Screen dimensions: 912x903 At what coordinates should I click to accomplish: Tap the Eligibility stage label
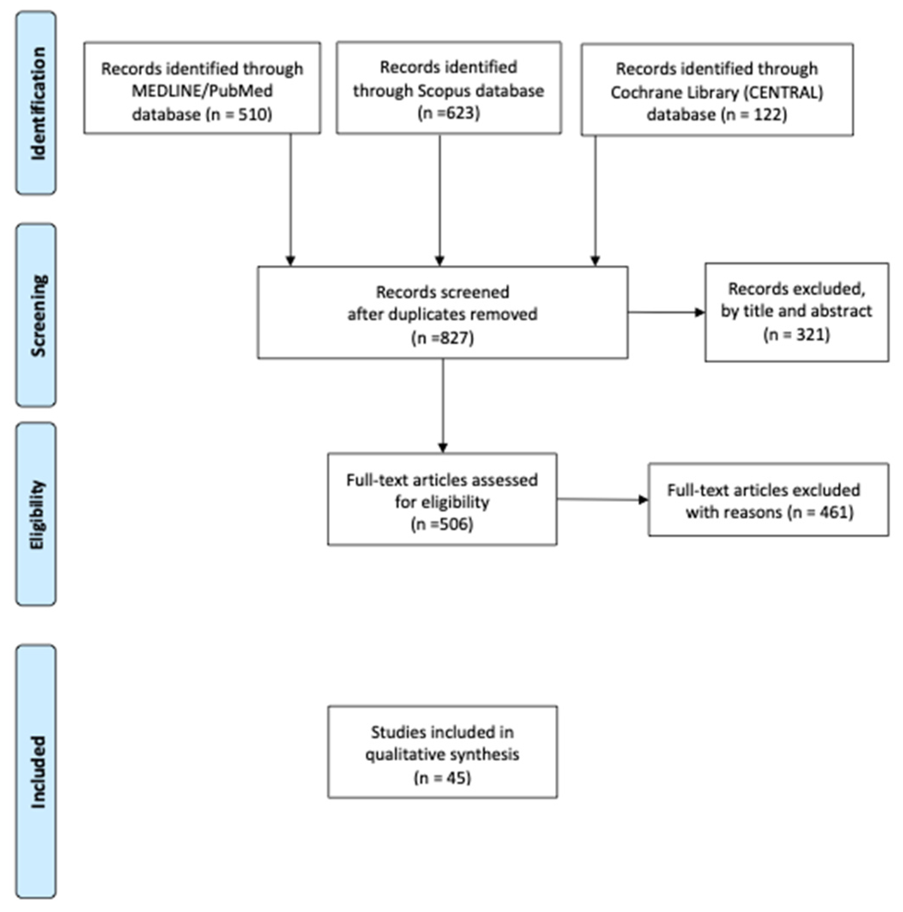point(36,515)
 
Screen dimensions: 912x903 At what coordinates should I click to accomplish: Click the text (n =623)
point(448,113)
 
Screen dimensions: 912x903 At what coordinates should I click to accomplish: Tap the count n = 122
point(754,115)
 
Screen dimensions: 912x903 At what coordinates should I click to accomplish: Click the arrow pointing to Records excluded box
point(666,312)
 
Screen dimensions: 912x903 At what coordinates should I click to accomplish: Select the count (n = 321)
point(796,334)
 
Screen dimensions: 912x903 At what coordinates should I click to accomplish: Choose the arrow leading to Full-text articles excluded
point(602,499)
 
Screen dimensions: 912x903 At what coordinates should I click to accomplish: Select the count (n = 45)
point(442,777)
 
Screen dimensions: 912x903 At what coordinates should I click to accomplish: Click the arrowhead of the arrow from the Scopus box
point(439,261)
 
